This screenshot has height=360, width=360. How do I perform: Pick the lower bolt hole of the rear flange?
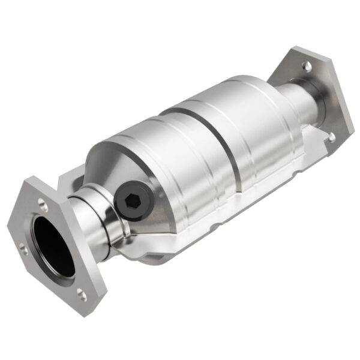331,137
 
